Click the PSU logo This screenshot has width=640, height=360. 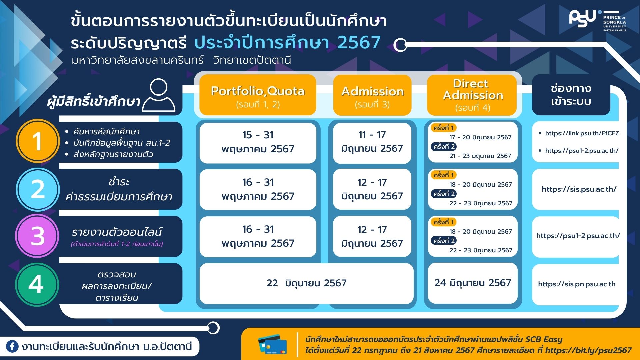(598, 20)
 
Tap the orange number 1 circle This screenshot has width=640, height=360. (38, 141)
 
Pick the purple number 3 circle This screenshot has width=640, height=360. (37, 236)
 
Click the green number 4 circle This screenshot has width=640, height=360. (37, 284)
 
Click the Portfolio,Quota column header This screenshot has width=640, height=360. (258, 95)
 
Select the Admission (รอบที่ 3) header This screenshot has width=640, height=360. (372, 95)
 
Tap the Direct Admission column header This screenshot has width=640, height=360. (472, 95)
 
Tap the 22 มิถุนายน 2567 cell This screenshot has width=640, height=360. (306, 283)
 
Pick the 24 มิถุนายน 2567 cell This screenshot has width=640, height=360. (473, 283)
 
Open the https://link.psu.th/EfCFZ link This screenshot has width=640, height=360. (582, 133)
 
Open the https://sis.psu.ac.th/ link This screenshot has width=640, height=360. (579, 189)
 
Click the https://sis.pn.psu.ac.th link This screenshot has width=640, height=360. (577, 284)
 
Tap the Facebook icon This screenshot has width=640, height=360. (12, 347)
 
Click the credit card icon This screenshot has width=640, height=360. (273, 344)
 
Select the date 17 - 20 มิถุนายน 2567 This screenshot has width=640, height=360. (480, 137)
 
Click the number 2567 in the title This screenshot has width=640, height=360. (359, 42)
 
